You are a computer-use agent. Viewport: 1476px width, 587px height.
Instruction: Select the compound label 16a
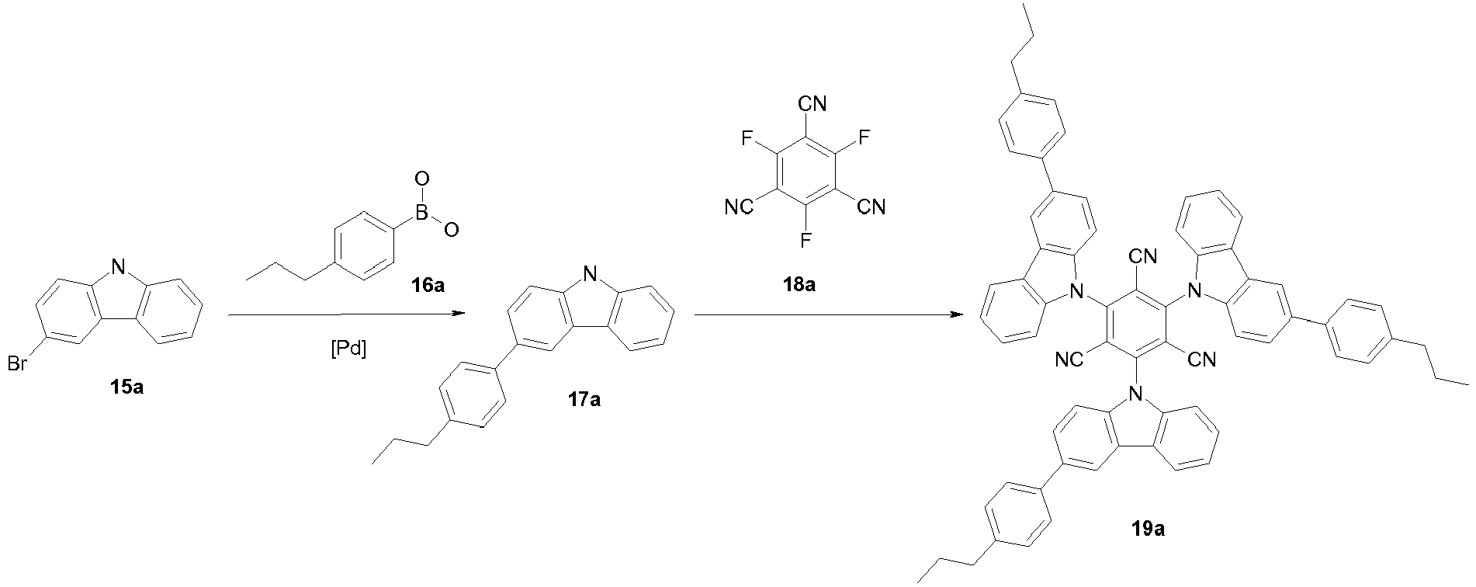pos(428,285)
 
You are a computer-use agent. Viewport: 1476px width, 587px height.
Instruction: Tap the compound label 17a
pos(583,400)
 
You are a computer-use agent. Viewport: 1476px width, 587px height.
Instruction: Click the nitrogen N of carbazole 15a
pos(118,269)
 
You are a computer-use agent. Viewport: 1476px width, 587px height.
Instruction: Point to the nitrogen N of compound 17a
pos(591,273)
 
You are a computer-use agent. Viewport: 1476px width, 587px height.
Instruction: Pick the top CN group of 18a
pos(812,102)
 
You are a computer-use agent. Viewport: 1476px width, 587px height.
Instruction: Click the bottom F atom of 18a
pos(806,240)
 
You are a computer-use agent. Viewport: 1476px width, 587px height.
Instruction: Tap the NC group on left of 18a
pos(737,207)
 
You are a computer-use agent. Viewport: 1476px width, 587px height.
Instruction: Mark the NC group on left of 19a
pos(1069,360)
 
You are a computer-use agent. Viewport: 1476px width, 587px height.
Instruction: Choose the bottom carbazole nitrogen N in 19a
pos(1136,394)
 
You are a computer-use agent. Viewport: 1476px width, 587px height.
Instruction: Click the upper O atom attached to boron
pos(423,180)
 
